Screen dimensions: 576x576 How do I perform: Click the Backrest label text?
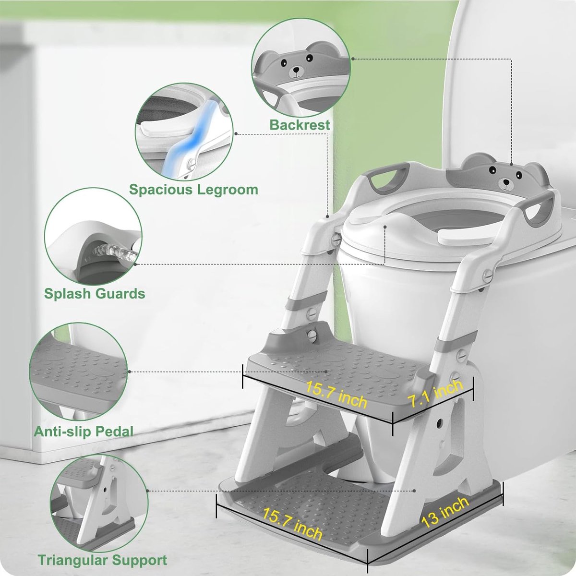(300, 125)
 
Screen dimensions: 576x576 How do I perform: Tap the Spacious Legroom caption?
(194, 190)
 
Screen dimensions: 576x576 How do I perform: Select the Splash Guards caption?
(95, 294)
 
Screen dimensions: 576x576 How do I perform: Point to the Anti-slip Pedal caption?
(84, 432)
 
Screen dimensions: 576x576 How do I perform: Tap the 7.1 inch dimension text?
(436, 394)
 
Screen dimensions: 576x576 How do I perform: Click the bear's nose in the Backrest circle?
(296, 70)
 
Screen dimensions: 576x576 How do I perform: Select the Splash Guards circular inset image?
(93, 236)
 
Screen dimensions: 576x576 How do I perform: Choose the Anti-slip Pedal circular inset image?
(78, 372)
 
